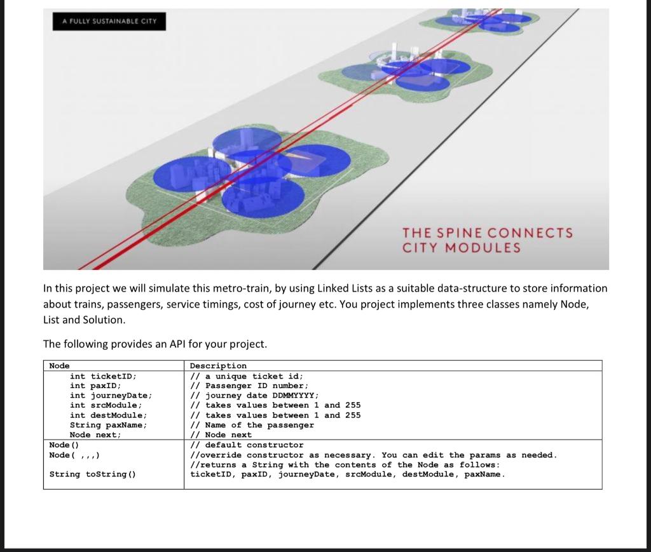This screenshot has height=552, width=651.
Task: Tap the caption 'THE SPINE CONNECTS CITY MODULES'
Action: click(487, 240)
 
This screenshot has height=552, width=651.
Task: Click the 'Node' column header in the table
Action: click(60, 365)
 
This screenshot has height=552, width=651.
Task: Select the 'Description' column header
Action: click(218, 365)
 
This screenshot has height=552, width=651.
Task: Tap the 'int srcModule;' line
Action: click(106, 405)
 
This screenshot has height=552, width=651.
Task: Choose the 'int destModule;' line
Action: click(108, 415)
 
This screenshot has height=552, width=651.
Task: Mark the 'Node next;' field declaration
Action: click(95, 434)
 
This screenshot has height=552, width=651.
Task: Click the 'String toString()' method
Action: click(92, 474)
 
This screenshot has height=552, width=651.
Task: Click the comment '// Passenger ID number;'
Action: click(250, 386)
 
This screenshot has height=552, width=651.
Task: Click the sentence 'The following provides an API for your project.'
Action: click(155, 344)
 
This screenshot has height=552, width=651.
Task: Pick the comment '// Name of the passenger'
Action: click(252, 424)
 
